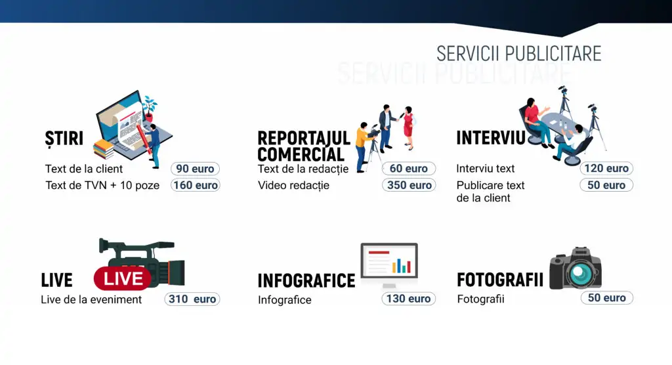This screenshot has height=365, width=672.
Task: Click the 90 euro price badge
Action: pyautogui.click(x=195, y=169)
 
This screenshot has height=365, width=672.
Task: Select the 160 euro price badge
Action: pyautogui.click(x=195, y=185)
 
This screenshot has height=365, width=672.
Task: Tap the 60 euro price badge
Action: pyautogui.click(x=408, y=169)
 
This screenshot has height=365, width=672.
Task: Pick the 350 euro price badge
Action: pyautogui.click(x=409, y=185)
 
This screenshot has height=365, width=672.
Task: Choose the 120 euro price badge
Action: pyautogui.click(x=606, y=168)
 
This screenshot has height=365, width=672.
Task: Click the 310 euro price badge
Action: pyautogui.click(x=192, y=299)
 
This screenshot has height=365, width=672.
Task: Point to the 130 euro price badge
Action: pyautogui.click(x=408, y=299)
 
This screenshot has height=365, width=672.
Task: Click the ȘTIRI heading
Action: pyautogui.click(x=64, y=139)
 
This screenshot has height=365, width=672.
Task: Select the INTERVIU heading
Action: pyautogui.click(x=491, y=138)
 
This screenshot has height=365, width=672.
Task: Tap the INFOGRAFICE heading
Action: pyautogui.click(x=306, y=281)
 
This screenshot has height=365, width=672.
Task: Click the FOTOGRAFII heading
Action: pyautogui.click(x=500, y=280)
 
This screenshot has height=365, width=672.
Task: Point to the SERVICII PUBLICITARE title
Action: pyautogui.click(x=518, y=54)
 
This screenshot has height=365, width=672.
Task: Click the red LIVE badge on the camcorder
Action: pyautogui.click(x=123, y=278)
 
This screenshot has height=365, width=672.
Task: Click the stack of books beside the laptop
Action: pyautogui.click(x=103, y=149)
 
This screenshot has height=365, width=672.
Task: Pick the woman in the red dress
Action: pyautogui.click(x=408, y=127)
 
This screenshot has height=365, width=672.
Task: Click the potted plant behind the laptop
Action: pyautogui.click(x=149, y=109)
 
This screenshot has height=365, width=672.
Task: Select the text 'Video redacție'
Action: pyautogui.click(x=293, y=185)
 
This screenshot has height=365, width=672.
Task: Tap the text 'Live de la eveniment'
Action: pyautogui.click(x=91, y=299)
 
